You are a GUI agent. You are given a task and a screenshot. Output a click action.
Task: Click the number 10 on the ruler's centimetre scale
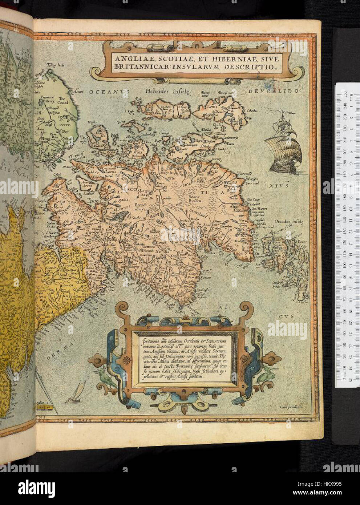tap(351, 209)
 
